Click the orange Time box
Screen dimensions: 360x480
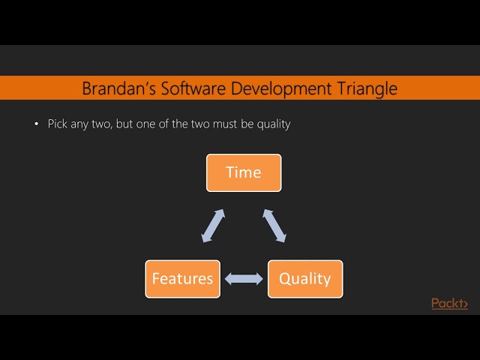coord(244,172)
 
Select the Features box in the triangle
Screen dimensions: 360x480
coord(182,279)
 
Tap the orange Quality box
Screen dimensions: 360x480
coord(304,279)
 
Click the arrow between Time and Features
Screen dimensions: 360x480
coord(212,226)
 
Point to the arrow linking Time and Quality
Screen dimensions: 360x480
coord(274,226)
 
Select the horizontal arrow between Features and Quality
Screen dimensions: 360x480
coord(244,279)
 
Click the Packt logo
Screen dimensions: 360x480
coord(449,303)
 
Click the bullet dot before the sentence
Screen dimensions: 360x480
coord(36,124)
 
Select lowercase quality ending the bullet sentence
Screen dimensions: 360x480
coord(273,124)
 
